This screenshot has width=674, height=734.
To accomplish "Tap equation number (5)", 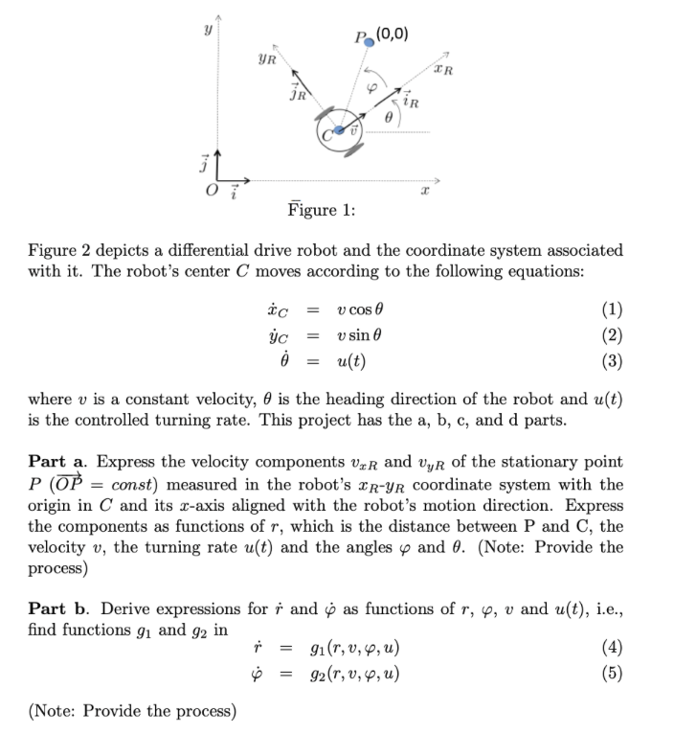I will (x=609, y=673).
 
